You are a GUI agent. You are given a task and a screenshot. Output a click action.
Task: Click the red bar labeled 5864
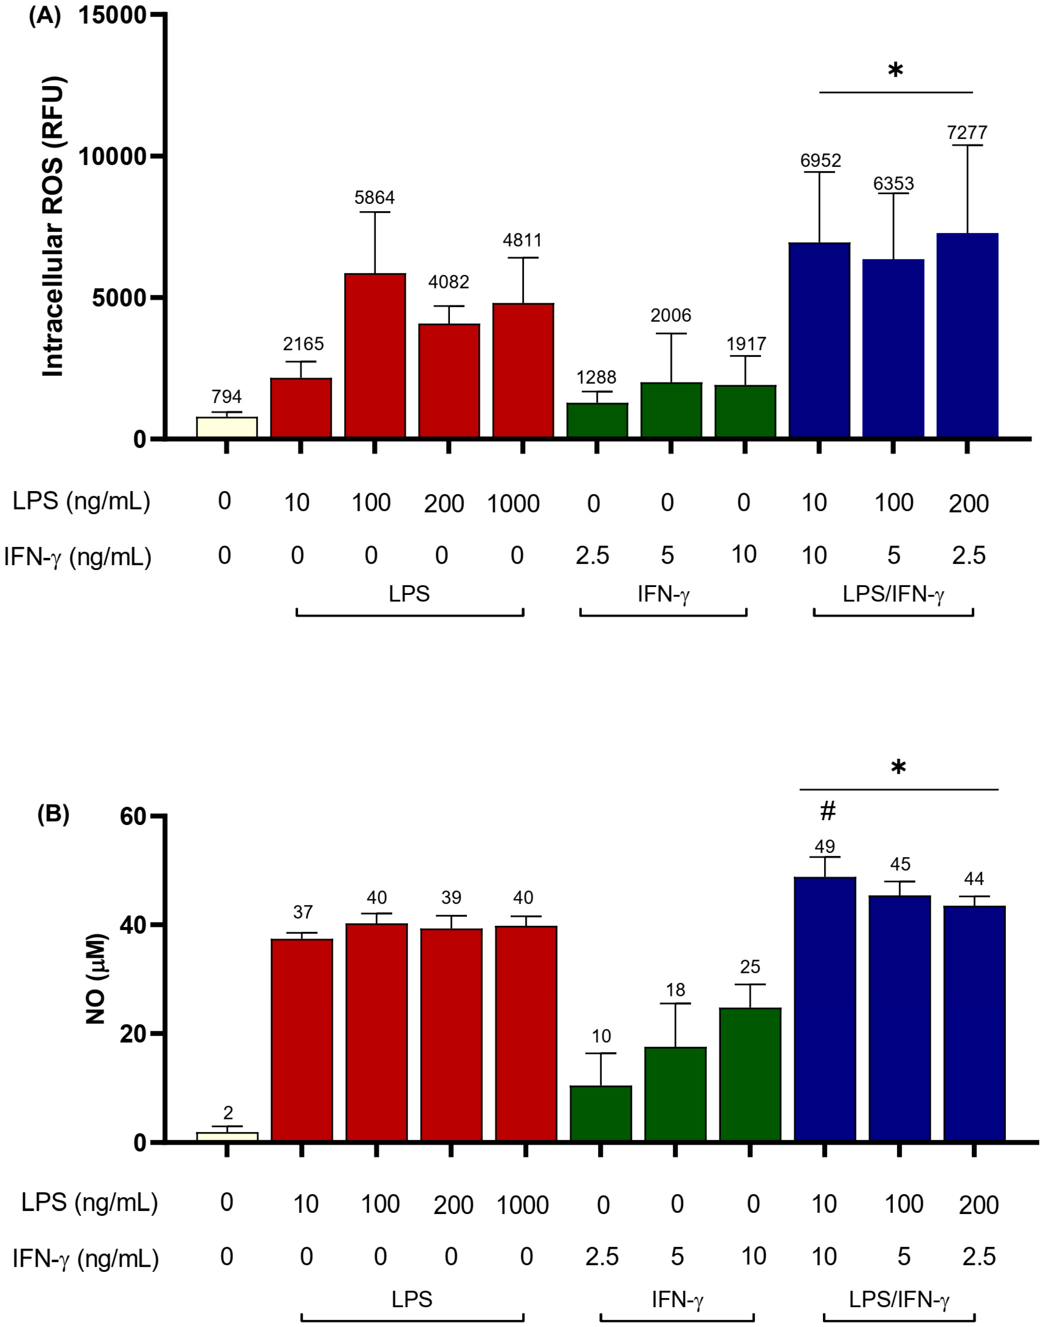click(x=375, y=356)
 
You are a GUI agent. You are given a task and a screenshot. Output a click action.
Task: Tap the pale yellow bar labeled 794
click(x=226, y=428)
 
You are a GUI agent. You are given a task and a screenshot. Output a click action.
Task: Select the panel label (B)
click(x=53, y=814)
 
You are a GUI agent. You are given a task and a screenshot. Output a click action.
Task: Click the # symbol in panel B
click(x=827, y=811)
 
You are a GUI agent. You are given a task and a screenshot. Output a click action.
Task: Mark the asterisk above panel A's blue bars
click(x=895, y=70)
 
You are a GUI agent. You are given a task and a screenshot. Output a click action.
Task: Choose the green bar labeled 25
click(x=750, y=1075)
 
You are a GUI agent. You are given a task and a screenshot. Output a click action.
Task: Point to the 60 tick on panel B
click(x=133, y=817)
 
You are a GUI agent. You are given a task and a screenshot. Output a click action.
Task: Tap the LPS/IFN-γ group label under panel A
click(x=893, y=594)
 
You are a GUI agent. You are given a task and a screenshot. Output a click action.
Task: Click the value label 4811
click(x=522, y=240)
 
